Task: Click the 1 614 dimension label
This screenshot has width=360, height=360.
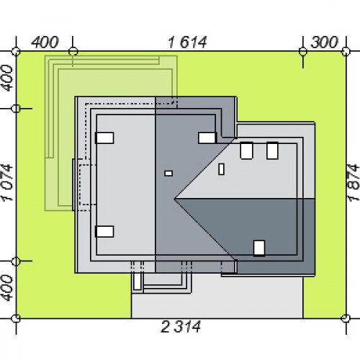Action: (x=187, y=42)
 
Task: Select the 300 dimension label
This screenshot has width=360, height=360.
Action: (x=324, y=42)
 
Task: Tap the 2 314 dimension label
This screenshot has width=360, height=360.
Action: (x=181, y=327)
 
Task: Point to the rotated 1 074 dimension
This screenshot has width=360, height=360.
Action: (x=7, y=182)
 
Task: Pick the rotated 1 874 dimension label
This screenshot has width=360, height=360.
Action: (x=354, y=182)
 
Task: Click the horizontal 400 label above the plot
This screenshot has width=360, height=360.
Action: (x=45, y=42)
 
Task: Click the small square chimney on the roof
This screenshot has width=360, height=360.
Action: (x=168, y=174)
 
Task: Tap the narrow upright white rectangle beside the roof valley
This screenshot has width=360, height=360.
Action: (x=221, y=169)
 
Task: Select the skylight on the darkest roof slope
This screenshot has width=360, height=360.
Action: (x=259, y=248)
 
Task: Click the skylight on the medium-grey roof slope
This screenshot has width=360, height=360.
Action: (x=207, y=138)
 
